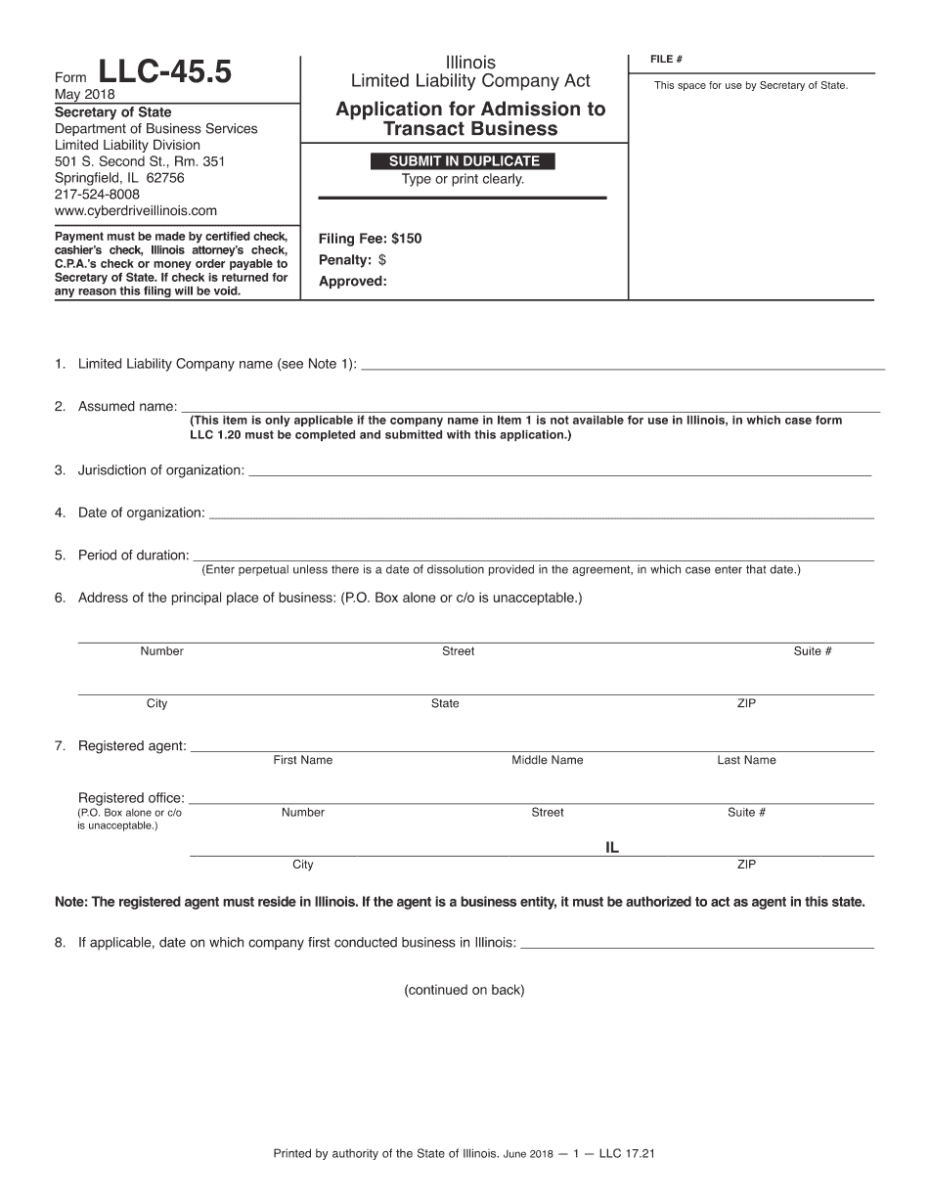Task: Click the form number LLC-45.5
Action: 165,73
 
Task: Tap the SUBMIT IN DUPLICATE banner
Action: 464,161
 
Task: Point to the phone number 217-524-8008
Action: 97,195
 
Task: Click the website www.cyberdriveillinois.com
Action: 136,210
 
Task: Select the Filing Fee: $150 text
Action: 371,239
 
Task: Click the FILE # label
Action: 666,60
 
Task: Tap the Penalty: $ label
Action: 352,260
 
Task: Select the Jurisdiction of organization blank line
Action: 559,474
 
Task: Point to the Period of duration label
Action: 133,556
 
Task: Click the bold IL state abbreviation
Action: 612,848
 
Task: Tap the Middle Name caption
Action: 547,760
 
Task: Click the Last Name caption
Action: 746,760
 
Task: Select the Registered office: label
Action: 131,798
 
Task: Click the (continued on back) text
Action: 464,990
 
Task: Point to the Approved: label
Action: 353,282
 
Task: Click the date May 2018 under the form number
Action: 85,95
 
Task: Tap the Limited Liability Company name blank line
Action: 622,368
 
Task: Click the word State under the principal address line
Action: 445,703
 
